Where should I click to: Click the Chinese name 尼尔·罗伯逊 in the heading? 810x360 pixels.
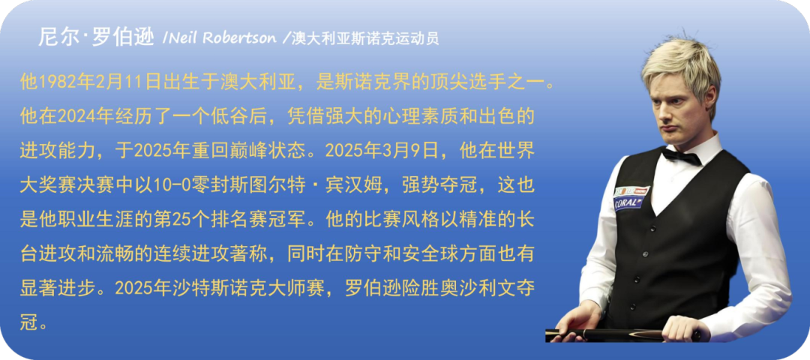pos(96,37)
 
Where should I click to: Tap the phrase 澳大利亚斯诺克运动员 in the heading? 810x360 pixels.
pos(365,39)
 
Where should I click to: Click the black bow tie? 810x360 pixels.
pos(681,154)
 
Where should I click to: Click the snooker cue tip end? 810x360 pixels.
pos(547,334)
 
